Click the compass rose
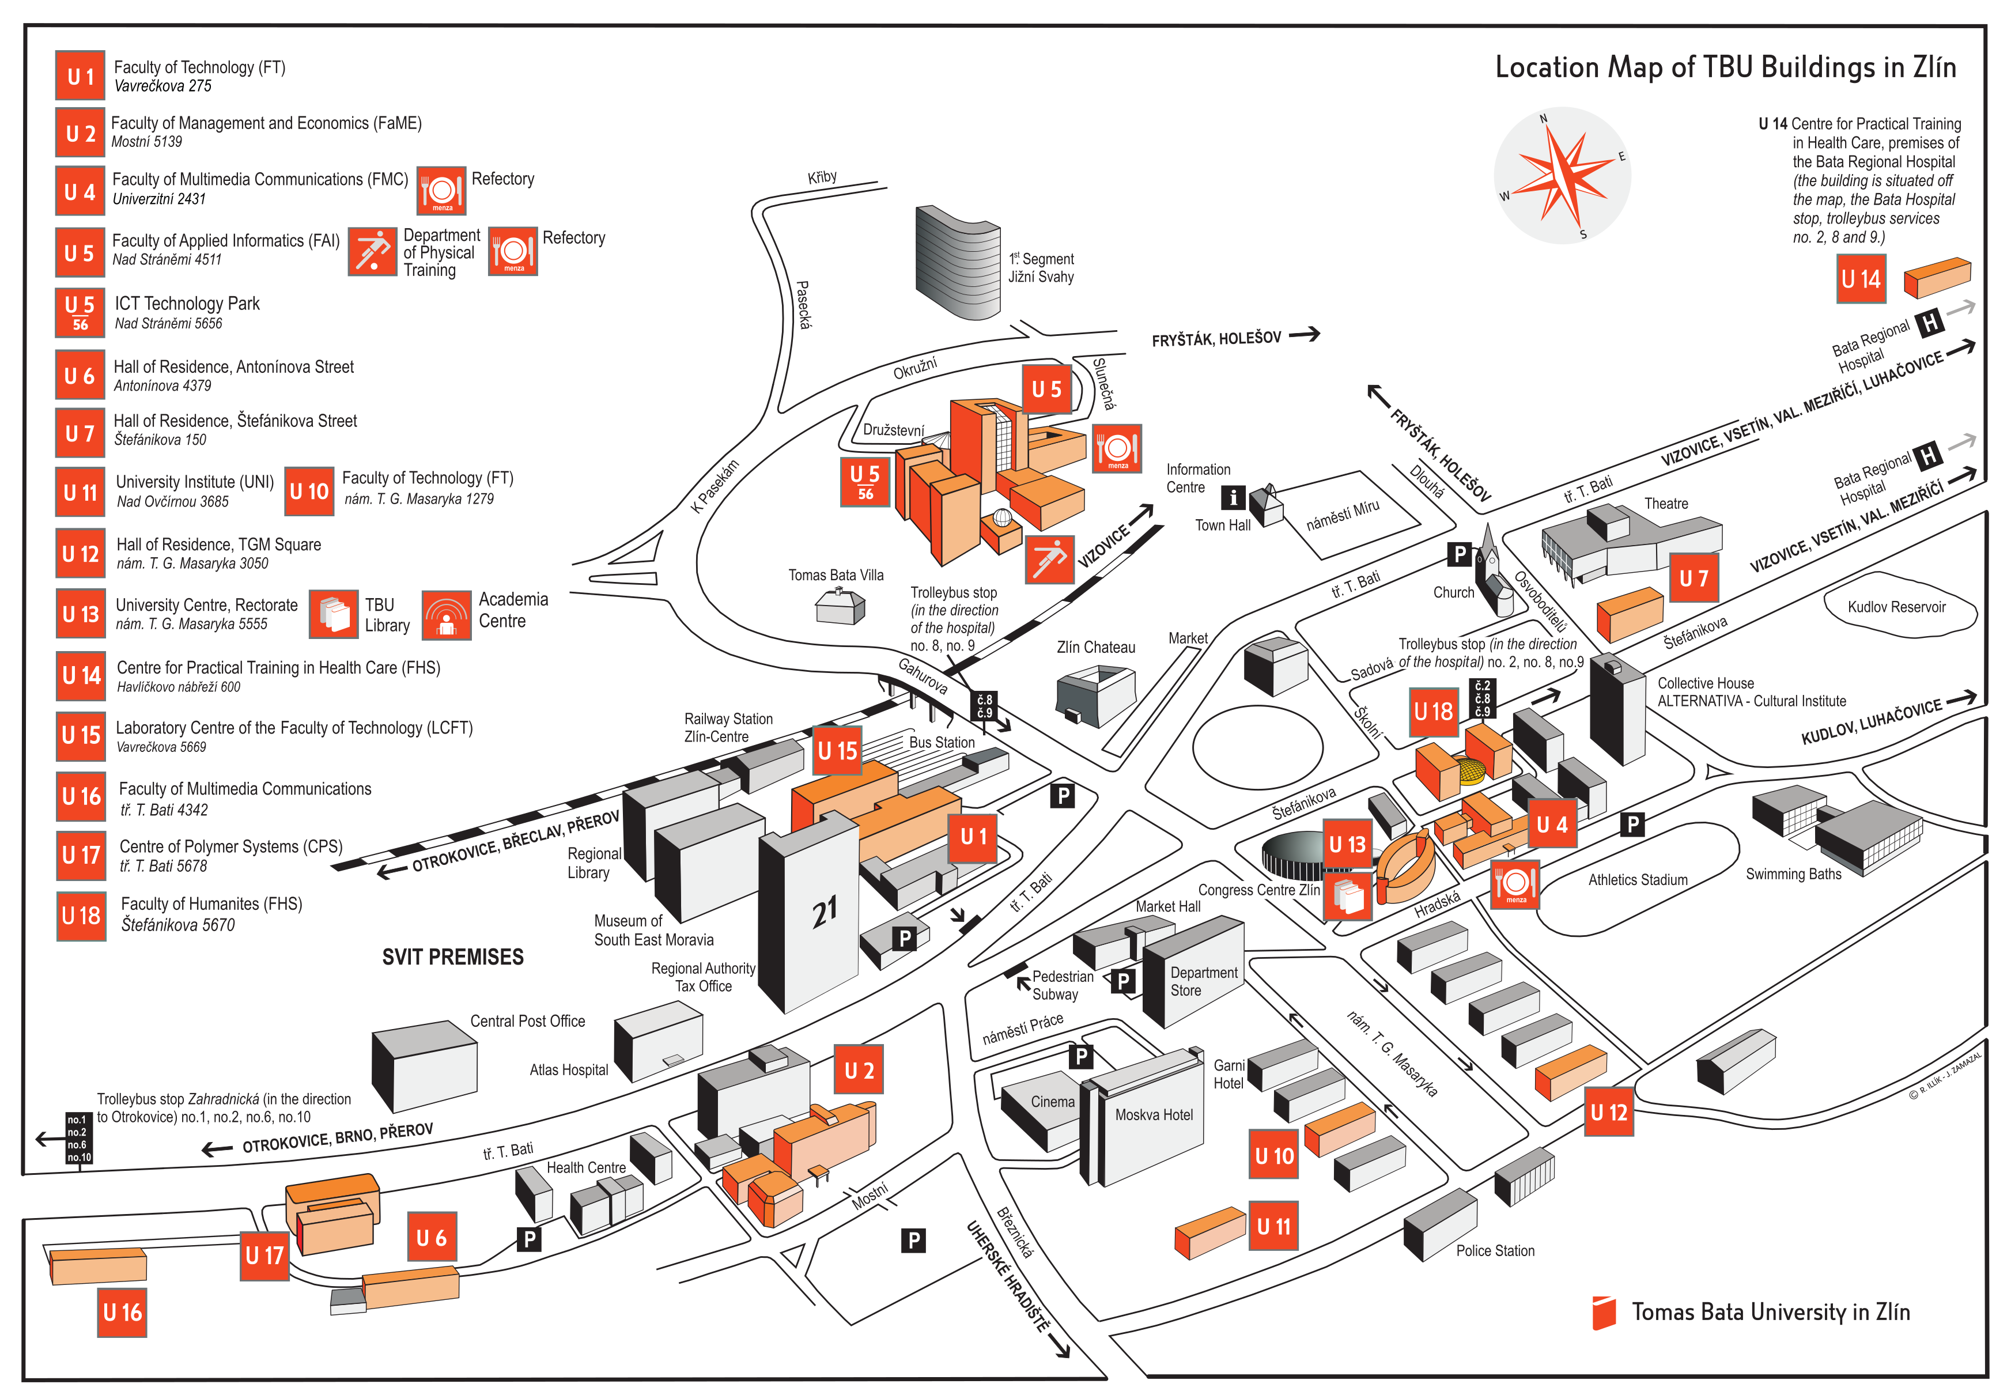tap(1562, 175)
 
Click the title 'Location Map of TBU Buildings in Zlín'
tap(1725, 67)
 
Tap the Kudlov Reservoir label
tap(1896, 607)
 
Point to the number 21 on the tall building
tap(824, 912)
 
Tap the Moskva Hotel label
tap(1154, 1115)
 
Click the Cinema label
tap(1052, 1102)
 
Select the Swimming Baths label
tap(1793, 874)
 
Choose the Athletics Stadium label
tap(1637, 880)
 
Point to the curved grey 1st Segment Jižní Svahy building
tap(957, 262)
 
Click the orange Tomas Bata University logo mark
tap(1604, 1312)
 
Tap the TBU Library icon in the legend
tap(334, 614)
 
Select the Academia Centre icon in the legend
tap(447, 614)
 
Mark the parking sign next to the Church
tap(1459, 554)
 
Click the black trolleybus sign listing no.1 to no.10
tap(79, 1139)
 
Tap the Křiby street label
tap(822, 177)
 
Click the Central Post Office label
tap(527, 1022)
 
